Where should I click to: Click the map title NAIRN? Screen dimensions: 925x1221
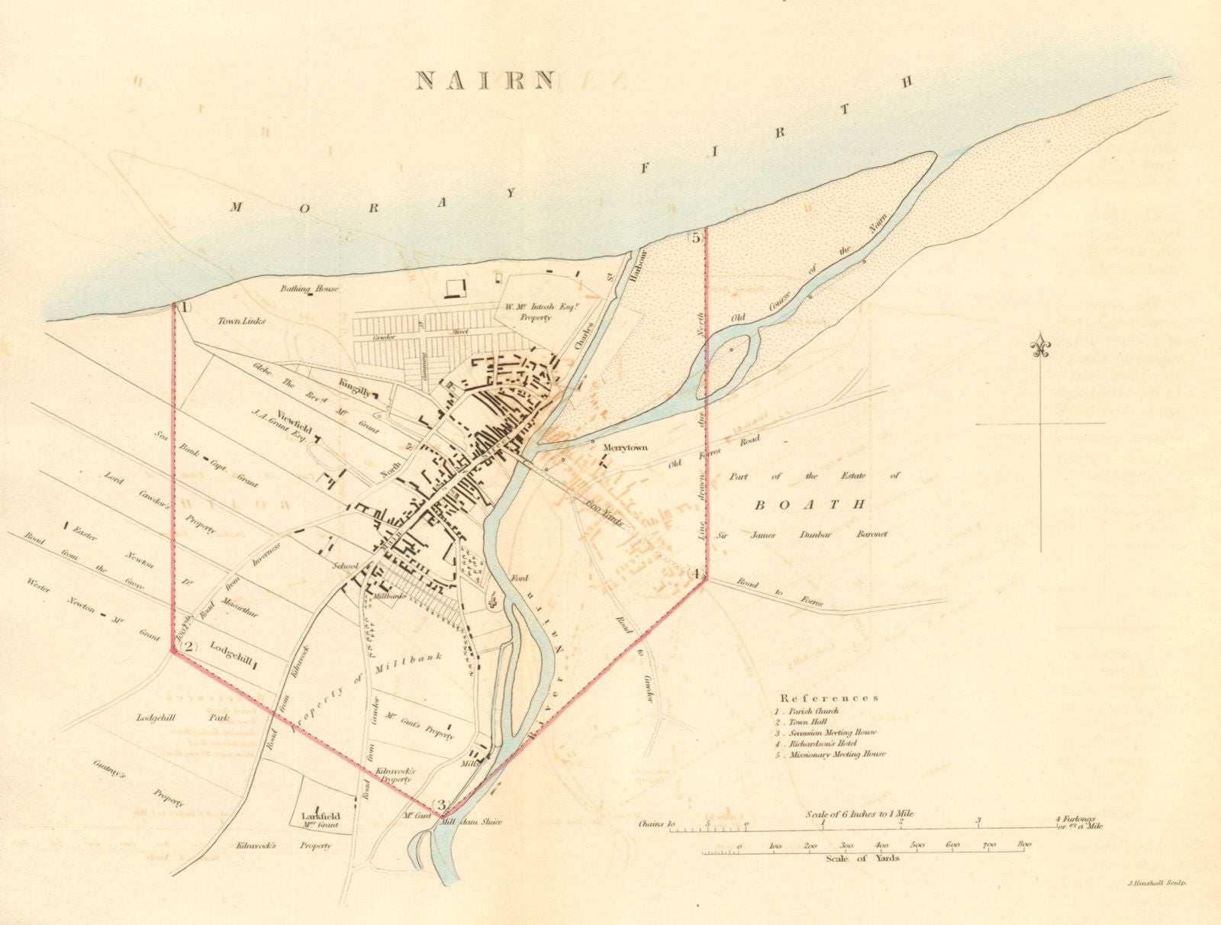point(485,80)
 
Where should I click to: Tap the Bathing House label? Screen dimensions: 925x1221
point(310,288)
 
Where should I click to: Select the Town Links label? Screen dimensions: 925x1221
point(241,321)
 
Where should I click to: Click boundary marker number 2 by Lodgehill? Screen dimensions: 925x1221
point(188,646)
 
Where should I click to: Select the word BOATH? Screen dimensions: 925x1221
point(810,504)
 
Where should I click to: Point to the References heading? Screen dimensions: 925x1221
point(829,698)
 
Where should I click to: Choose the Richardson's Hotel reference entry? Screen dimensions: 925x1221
point(818,743)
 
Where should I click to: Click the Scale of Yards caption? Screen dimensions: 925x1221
point(862,858)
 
